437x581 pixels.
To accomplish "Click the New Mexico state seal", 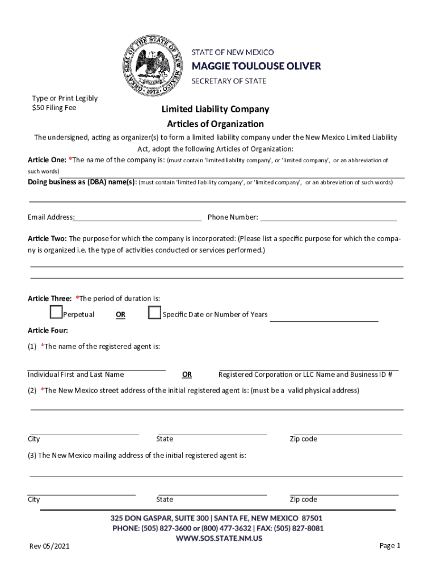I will pos(152,65).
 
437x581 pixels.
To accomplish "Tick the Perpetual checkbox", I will pos(56,313).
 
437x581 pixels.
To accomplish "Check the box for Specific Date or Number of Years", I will pos(154,313).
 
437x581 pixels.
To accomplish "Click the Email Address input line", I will pos(138,217).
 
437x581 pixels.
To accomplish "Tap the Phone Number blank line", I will pos(328,217).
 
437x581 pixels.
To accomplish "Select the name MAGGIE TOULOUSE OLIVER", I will pos(255,66).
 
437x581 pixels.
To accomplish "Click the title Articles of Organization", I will pos(215,124).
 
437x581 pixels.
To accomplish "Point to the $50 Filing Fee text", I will pos(54,108).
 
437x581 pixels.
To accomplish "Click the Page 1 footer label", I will pos(390,546).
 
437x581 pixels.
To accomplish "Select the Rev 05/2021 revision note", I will pos(51,546).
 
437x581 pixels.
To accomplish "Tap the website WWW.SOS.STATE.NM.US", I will pos(218,538).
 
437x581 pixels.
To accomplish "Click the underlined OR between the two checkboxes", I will pos(121,315).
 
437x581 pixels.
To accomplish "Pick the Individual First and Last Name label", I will pos(75,374).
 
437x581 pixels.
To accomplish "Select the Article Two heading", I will pos(47,238).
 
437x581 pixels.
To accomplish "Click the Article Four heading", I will pos(48,330).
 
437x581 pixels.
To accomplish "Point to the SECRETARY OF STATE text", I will pos(228,81).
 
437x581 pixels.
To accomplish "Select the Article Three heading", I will pos(49,298).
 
